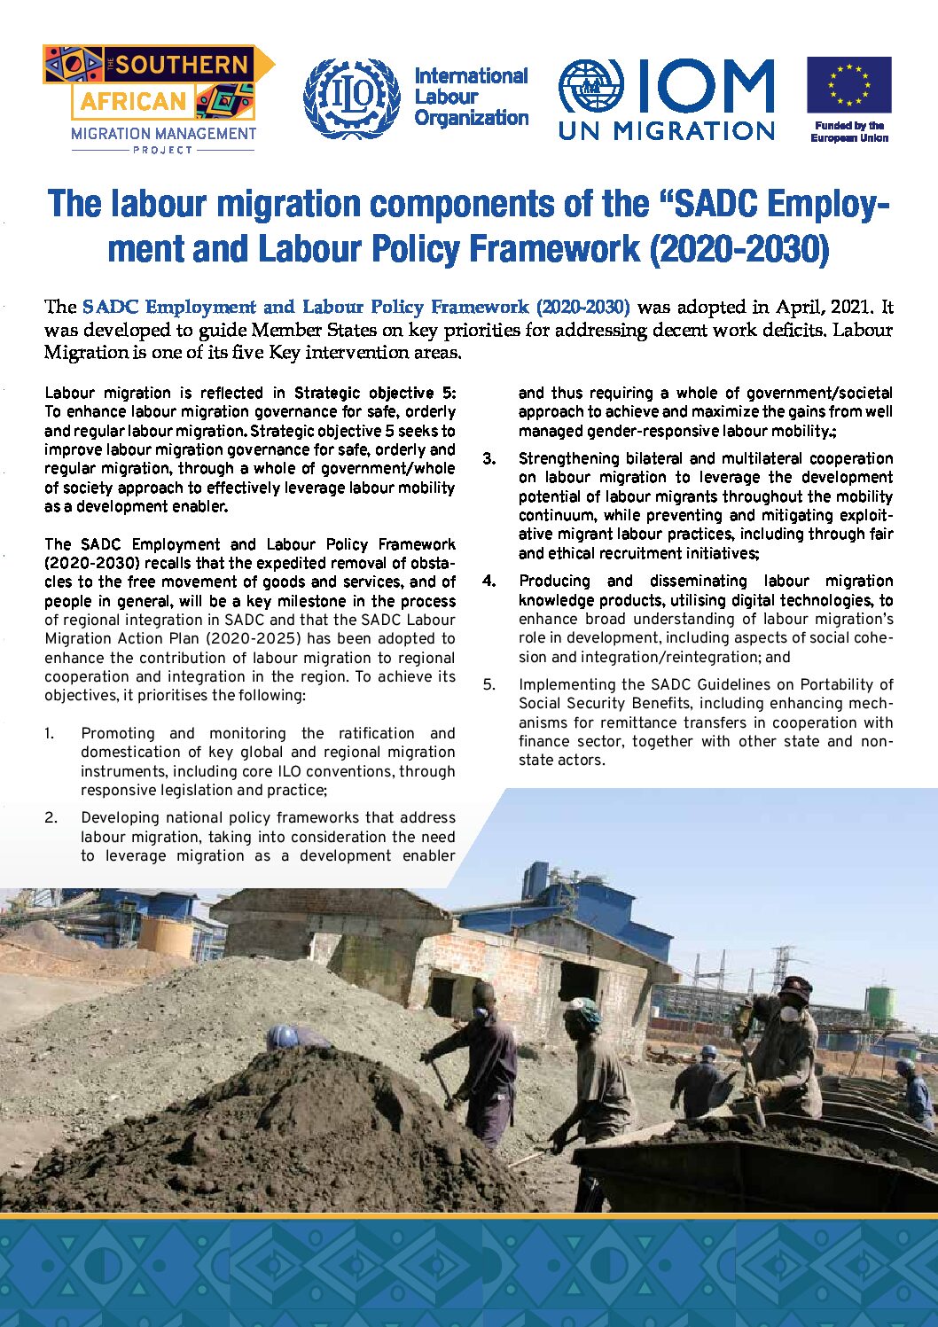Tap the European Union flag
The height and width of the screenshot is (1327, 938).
pos(848,85)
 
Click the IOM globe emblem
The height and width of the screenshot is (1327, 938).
pos(590,86)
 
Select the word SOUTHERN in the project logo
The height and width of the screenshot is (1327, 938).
pos(182,65)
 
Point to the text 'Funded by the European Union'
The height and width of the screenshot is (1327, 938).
pos(849,132)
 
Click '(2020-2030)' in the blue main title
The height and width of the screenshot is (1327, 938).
pos(739,249)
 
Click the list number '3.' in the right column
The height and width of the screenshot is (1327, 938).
pos(489,458)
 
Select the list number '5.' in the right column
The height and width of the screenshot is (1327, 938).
pos(489,684)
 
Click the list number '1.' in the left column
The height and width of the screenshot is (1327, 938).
pos(50,733)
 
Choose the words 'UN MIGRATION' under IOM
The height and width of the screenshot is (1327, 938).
pos(667,131)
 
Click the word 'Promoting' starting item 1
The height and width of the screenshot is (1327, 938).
pos(118,733)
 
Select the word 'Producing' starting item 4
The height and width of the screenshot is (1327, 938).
pos(554,581)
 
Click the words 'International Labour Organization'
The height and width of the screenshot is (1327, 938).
pos(471,97)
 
